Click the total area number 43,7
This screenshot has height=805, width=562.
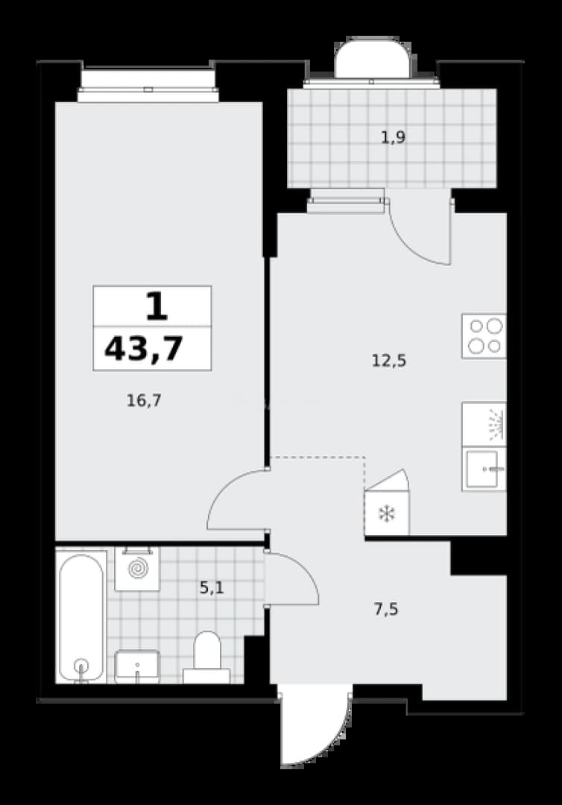click(144, 349)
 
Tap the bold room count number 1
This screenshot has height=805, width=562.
click(156, 306)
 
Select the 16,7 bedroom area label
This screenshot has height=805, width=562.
click(144, 400)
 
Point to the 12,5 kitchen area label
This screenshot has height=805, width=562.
click(389, 361)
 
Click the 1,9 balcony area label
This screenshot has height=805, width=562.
click(394, 138)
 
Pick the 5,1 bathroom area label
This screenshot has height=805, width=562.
click(212, 587)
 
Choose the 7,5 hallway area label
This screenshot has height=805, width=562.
click(386, 610)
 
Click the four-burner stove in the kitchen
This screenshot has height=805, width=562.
click(484, 336)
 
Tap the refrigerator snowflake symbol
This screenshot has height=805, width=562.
click(385, 514)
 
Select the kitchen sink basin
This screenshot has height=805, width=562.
click(484, 469)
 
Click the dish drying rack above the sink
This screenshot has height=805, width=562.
click(484, 424)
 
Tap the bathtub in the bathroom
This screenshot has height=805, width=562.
click(81, 617)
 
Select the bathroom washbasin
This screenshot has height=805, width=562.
click(137, 666)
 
